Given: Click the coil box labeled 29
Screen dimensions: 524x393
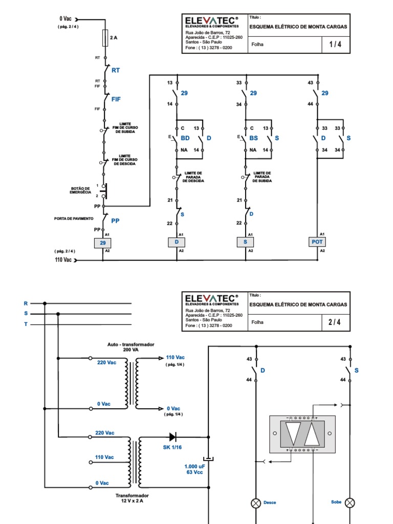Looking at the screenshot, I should point(103,243).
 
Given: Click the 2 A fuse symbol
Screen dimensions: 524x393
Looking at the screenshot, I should point(105,38).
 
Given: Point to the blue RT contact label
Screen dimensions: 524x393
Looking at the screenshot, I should point(116,71).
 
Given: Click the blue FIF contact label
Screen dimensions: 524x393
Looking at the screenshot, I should point(116,99).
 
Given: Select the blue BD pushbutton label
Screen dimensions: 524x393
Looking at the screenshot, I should point(185,139).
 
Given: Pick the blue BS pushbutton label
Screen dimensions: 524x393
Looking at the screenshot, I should point(253,139).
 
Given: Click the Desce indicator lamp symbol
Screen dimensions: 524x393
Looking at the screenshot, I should point(256,503).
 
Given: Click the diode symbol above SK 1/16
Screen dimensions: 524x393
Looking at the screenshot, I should point(173,437).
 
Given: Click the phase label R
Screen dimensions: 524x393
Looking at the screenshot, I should point(25,303).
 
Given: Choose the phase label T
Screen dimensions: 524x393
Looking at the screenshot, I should point(25,324).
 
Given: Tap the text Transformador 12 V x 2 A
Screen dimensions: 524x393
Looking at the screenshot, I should point(132,498).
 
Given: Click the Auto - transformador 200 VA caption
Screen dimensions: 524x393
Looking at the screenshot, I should point(131,347).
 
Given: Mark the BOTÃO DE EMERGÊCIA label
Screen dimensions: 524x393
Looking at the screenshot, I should point(81,190).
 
